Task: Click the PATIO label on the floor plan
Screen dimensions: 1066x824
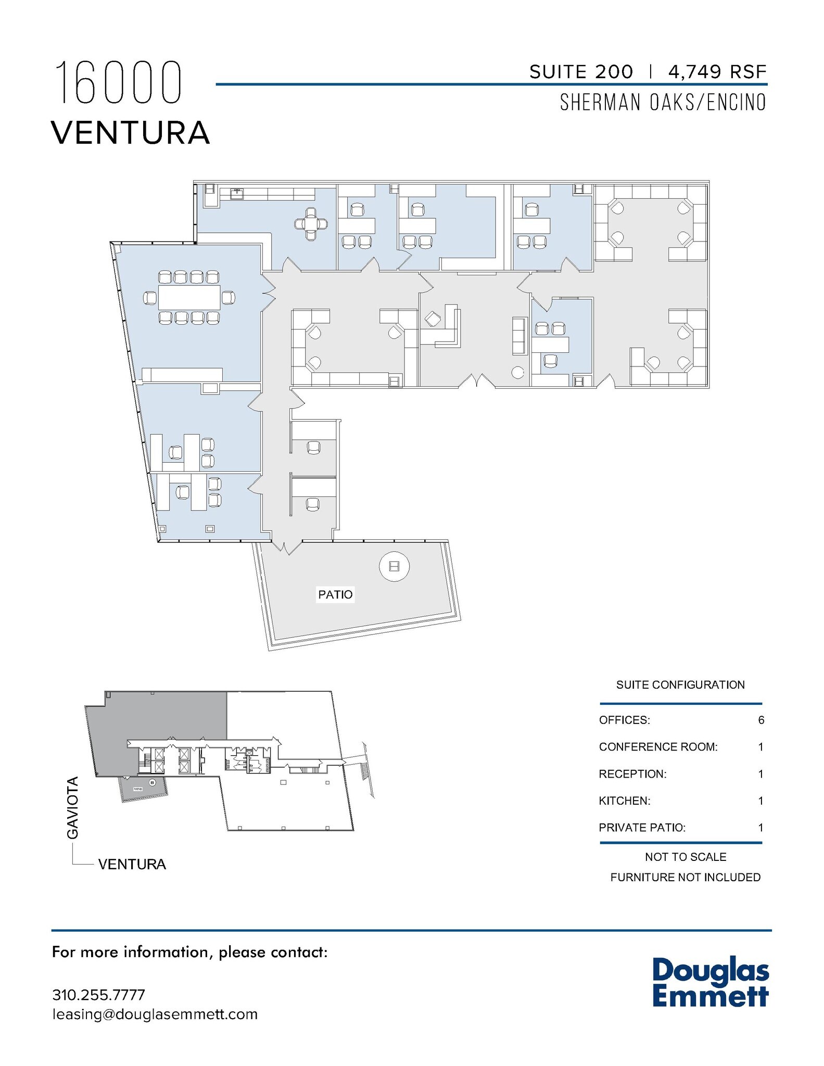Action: point(335,594)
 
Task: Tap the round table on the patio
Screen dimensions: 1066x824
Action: point(394,566)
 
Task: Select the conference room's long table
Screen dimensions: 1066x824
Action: point(189,298)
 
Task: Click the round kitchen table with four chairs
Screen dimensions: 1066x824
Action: point(311,224)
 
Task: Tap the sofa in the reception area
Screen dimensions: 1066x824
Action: point(519,336)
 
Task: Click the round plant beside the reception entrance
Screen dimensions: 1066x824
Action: point(517,373)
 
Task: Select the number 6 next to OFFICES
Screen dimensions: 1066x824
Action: point(761,720)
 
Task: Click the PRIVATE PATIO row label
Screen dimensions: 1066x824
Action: point(642,828)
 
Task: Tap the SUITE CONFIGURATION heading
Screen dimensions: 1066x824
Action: point(680,685)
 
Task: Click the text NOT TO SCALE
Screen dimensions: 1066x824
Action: point(685,857)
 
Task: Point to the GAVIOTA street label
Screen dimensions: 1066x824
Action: point(73,807)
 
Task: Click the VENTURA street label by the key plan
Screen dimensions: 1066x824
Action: point(132,865)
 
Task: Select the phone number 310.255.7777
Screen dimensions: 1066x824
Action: point(98,995)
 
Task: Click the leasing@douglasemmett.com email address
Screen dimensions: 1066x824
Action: point(155,1014)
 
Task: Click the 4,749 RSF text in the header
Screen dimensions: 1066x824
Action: point(717,72)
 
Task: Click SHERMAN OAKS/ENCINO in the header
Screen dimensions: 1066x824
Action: point(663,103)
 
